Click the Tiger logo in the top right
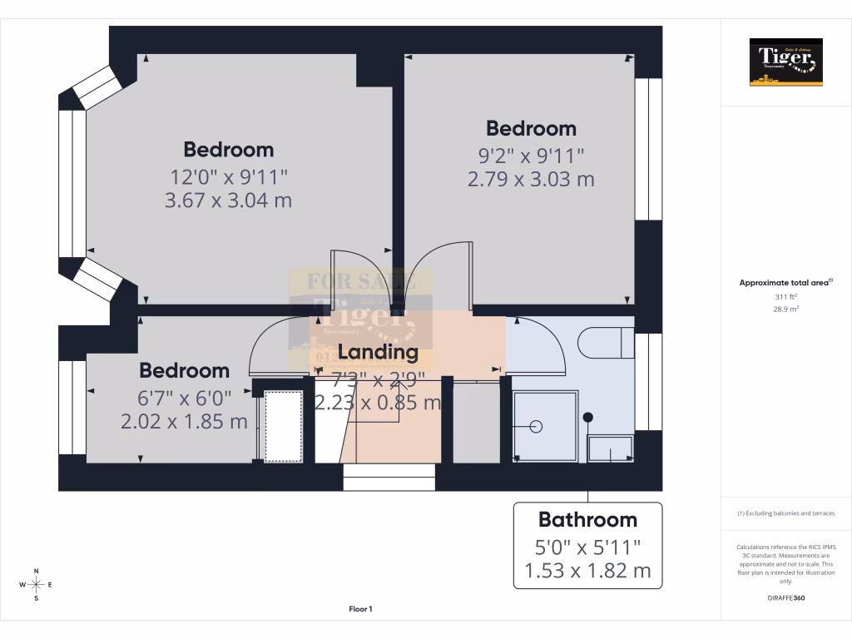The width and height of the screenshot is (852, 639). click(x=785, y=62)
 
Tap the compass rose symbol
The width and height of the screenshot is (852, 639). click(x=36, y=585)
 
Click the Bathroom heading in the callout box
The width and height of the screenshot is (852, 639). click(x=587, y=520)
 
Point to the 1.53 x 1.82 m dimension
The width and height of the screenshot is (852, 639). click(x=587, y=572)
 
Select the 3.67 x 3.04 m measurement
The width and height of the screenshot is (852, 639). click(x=229, y=201)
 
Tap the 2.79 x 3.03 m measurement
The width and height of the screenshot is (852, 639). click(x=531, y=179)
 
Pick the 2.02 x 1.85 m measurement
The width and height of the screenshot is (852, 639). click(x=184, y=422)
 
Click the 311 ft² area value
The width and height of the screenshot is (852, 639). click(x=785, y=296)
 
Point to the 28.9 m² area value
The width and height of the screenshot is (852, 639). click(x=785, y=309)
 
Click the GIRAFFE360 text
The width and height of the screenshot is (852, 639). click(x=785, y=598)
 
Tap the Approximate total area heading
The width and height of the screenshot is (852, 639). click(x=785, y=283)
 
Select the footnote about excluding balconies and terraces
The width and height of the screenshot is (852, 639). click(x=785, y=513)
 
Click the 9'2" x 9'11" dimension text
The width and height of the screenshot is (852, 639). click(x=531, y=155)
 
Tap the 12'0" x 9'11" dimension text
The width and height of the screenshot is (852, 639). click(x=229, y=176)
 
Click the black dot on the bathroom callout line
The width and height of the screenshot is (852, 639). click(x=588, y=417)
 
